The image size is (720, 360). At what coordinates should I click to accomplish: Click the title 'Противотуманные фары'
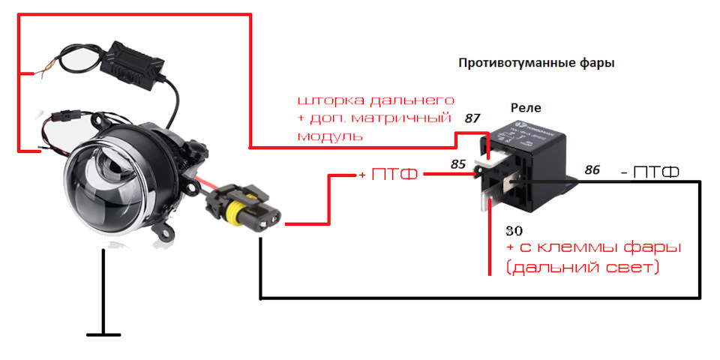point(535,64)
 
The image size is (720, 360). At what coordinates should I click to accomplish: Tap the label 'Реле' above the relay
point(526,108)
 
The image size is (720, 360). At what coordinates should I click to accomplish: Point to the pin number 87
point(472,118)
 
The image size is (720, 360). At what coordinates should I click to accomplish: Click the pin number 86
point(592,171)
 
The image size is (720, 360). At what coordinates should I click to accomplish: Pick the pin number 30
point(514,230)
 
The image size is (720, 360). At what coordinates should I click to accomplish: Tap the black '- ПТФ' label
point(650,173)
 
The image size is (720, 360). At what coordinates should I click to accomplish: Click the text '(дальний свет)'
point(583,267)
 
